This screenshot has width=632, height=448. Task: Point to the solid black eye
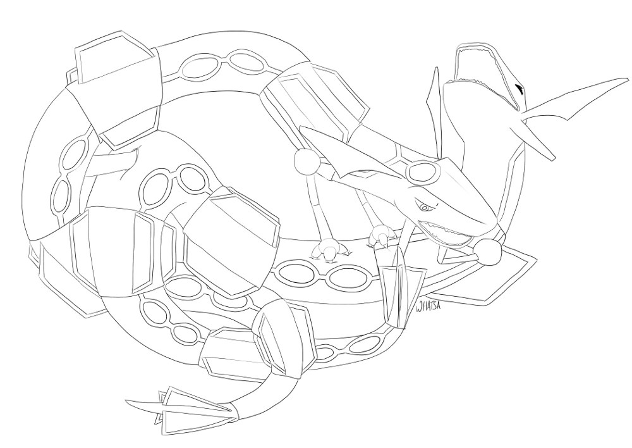tap(519, 90)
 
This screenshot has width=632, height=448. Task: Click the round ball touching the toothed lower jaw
tap(490, 253)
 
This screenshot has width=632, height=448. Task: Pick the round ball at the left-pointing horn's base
tap(307, 163)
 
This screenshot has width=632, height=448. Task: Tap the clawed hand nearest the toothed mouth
tap(382, 236)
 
